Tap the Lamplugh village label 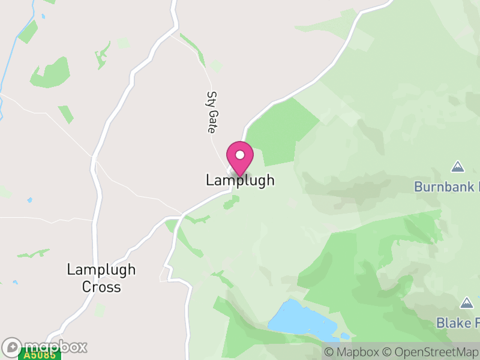coord(240,180)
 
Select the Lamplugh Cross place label coord(101,278)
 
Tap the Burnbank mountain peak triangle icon coord(458,166)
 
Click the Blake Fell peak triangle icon coord(467,302)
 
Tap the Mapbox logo coord(45,347)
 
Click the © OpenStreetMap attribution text coord(433,352)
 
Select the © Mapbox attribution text coord(354,352)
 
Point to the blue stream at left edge coord(12,54)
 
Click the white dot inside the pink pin coord(240,155)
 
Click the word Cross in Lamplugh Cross coord(101,287)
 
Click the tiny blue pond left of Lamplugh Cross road coord(29,200)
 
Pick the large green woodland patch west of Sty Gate coord(51,73)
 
